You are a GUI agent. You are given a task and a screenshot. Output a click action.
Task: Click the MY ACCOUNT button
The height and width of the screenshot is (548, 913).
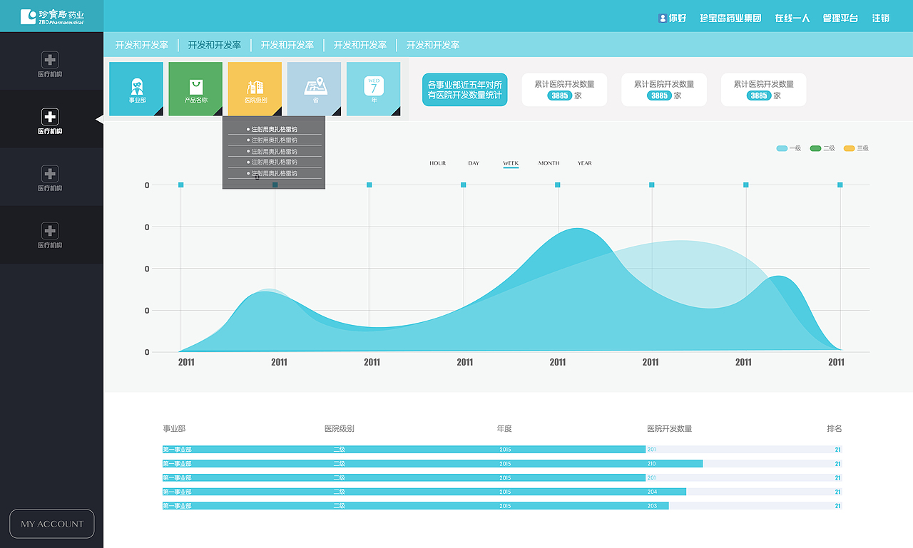(x=51, y=524)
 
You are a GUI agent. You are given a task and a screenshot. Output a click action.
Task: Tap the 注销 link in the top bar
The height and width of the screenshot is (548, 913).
(x=881, y=18)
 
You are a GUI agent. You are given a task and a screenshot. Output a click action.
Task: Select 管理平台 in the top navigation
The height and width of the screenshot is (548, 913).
(x=840, y=18)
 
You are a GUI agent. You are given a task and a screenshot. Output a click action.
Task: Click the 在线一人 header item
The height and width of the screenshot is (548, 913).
(x=792, y=18)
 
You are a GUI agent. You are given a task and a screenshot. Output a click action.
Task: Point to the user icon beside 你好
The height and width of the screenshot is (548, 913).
(x=663, y=18)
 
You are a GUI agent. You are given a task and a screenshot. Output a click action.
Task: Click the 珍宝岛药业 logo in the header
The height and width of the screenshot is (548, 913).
(x=52, y=16)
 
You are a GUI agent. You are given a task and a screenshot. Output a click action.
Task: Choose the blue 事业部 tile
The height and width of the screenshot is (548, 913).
(x=136, y=88)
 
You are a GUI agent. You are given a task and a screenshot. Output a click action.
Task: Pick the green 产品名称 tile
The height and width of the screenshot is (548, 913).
(x=195, y=88)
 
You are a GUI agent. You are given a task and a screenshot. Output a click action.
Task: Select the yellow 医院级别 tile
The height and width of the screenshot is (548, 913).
(x=255, y=88)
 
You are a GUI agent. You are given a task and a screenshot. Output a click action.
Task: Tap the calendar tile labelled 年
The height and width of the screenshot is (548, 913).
(x=373, y=88)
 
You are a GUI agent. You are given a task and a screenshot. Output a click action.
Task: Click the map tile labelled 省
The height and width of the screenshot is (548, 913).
(x=315, y=88)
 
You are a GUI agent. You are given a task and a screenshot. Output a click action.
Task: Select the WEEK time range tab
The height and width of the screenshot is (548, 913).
(x=511, y=163)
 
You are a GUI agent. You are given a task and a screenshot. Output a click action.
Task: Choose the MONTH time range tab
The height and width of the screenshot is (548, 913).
(x=549, y=163)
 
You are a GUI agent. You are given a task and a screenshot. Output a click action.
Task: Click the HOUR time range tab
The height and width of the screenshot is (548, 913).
(x=437, y=163)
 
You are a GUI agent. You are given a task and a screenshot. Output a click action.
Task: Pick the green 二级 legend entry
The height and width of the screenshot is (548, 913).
(x=822, y=148)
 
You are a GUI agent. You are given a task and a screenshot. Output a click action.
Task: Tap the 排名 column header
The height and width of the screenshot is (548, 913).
(x=835, y=428)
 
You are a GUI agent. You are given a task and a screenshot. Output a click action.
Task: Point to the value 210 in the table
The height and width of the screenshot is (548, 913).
(x=651, y=464)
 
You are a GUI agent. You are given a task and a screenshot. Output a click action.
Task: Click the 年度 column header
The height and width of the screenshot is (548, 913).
(x=504, y=428)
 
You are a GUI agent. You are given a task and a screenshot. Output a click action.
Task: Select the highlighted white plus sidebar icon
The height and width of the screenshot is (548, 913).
(x=50, y=117)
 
